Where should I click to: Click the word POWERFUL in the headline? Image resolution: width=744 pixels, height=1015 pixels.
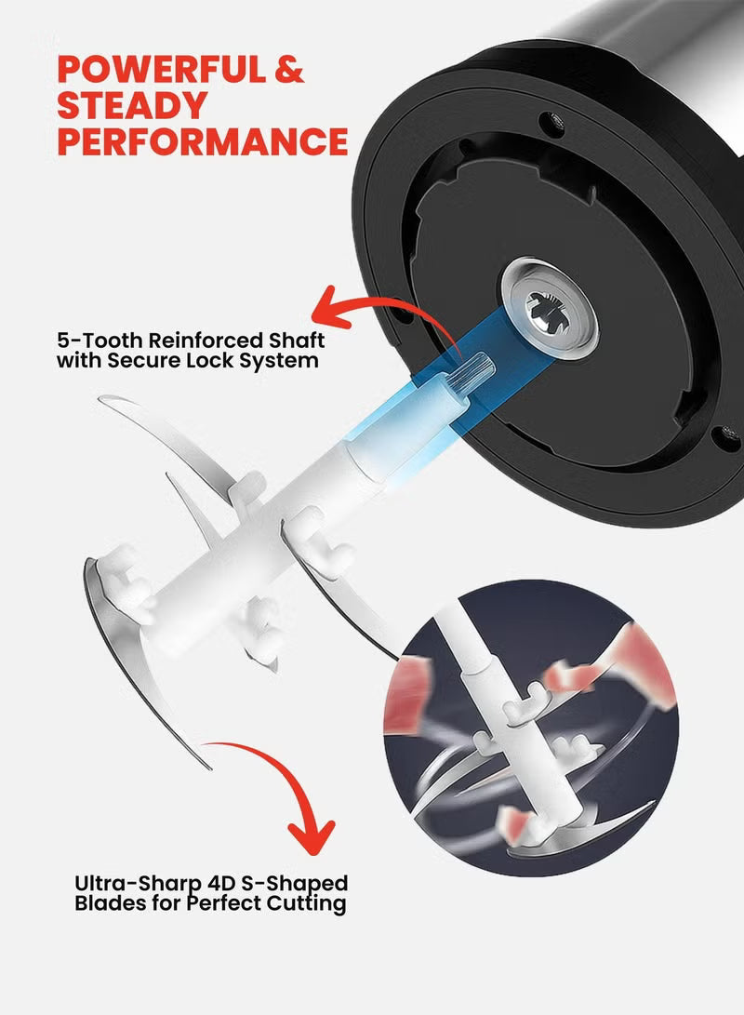[x=161, y=69]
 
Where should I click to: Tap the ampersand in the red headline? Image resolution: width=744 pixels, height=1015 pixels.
[x=289, y=69]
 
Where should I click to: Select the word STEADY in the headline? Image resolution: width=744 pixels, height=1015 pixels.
[x=132, y=105]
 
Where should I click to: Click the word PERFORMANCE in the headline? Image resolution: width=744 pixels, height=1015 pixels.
[x=203, y=141]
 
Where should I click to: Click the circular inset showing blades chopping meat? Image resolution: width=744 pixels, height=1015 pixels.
[x=530, y=728]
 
